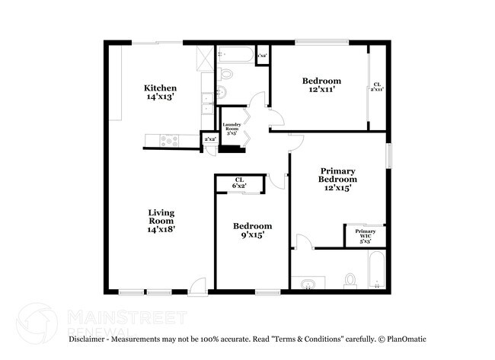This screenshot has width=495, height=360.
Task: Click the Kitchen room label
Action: pyautogui.click(x=161, y=92)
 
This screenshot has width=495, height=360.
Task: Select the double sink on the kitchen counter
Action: pyautogui.click(x=207, y=103)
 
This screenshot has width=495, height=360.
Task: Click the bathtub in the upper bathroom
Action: pyautogui.click(x=235, y=55)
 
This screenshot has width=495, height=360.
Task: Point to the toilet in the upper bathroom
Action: pyautogui.click(x=224, y=75)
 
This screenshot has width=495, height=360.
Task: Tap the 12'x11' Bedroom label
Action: pyautogui.click(x=321, y=85)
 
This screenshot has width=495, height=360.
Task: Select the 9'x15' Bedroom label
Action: pyautogui.click(x=252, y=231)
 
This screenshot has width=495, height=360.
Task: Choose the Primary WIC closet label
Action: pyautogui.click(x=365, y=235)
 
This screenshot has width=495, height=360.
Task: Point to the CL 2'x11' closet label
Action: pyautogui.click(x=377, y=87)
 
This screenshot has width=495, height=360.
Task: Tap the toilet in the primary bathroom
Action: pyautogui.click(x=351, y=280)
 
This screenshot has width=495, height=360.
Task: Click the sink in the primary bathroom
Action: pyautogui.click(x=308, y=285)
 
